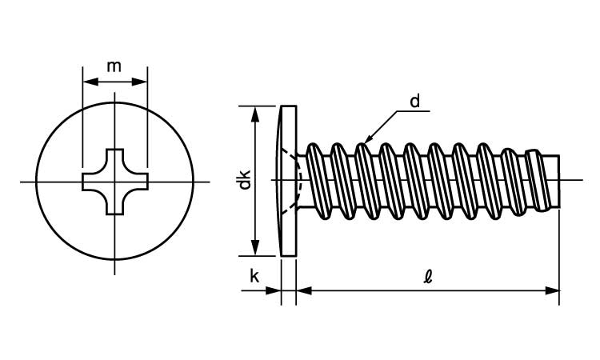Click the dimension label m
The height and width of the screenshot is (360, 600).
point(114,66)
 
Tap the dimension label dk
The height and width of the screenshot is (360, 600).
point(246,180)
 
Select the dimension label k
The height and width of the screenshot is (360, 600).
point(254,277)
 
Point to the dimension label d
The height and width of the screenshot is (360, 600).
point(414,102)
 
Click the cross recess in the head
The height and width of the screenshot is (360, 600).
point(115,182)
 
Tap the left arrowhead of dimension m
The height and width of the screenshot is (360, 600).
point(89,81)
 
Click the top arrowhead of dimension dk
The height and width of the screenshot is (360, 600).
point(255,111)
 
